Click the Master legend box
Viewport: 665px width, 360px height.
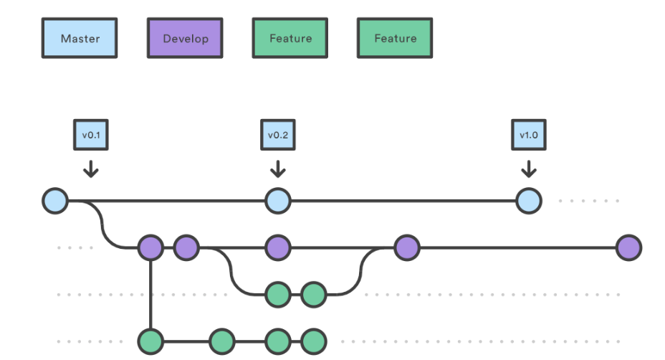pyautogui.click(x=80, y=38)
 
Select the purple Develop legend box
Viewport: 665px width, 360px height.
pyautogui.click(x=185, y=38)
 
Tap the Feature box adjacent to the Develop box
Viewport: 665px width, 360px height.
pyautogui.click(x=290, y=38)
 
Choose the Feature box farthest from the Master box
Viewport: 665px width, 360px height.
pyautogui.click(x=395, y=38)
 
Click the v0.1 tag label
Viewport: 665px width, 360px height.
pyautogui.click(x=91, y=135)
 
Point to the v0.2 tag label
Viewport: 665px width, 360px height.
pyautogui.click(x=278, y=135)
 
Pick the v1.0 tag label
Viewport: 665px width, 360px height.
pyautogui.click(x=528, y=135)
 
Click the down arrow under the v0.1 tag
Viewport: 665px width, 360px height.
pyautogui.click(x=91, y=169)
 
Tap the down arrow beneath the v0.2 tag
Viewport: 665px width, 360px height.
pyautogui.click(x=278, y=169)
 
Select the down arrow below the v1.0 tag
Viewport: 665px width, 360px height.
pyautogui.click(x=528, y=169)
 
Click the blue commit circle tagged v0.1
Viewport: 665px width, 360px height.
pyautogui.click(x=55, y=201)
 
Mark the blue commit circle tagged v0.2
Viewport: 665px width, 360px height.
pyautogui.click(x=278, y=201)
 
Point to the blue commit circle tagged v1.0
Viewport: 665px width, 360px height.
pyautogui.click(x=529, y=201)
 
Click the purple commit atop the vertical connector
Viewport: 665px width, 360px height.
pyautogui.click(x=150, y=247)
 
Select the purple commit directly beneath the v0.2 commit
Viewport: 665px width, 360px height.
pyautogui.click(x=278, y=247)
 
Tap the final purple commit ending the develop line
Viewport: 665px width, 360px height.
pyautogui.click(x=629, y=247)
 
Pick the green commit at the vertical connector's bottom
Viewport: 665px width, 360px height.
pyautogui.click(x=150, y=341)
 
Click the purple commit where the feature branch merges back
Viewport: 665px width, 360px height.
pyautogui.click(x=407, y=247)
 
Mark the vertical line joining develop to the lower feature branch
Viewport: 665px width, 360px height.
pyautogui.click(x=150, y=295)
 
